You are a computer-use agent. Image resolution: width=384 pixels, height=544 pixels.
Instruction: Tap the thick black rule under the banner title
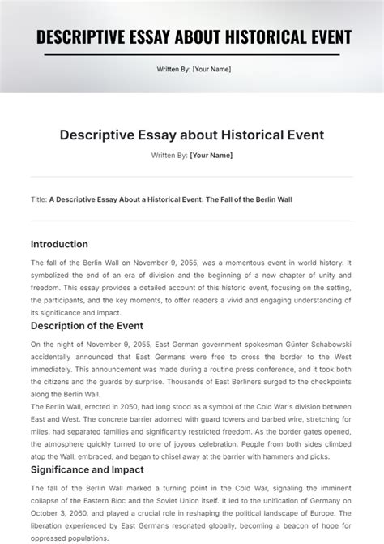pyautogui.click(x=192, y=54)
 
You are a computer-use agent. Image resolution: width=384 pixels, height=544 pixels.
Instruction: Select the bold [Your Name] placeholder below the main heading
pyautogui.click(x=211, y=155)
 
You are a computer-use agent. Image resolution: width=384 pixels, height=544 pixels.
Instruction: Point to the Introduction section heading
pyautogui.click(x=59, y=244)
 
